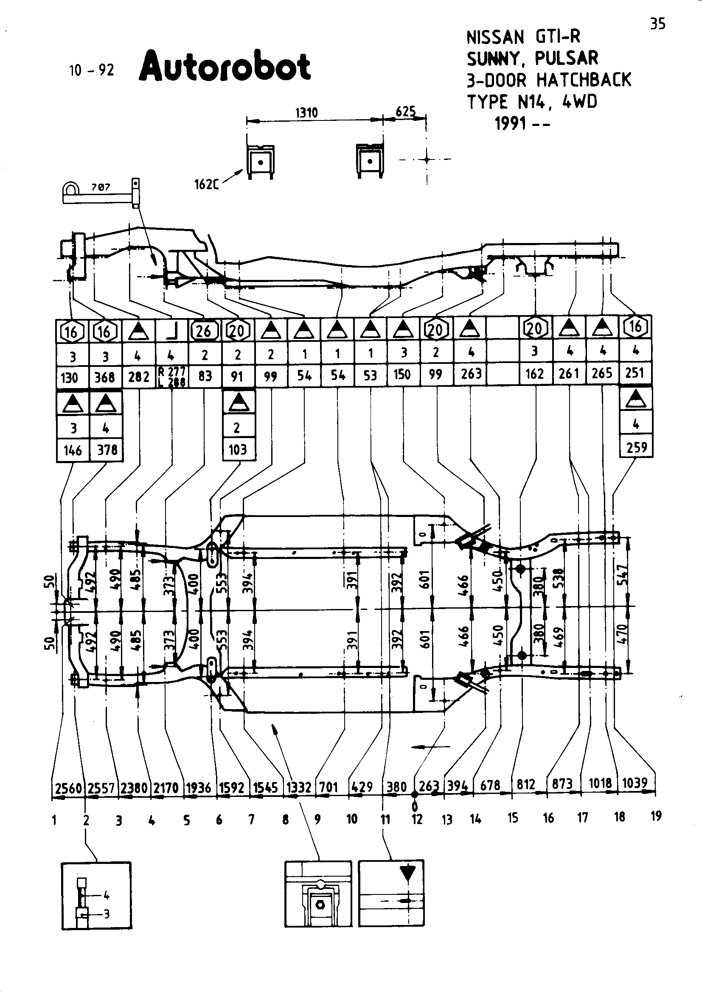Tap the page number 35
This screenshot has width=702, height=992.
(x=657, y=24)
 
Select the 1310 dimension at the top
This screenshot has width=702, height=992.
(x=306, y=113)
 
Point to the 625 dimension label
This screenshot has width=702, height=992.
(x=405, y=112)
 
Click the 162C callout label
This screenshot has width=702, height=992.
(x=206, y=185)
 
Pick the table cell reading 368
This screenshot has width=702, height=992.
(x=104, y=377)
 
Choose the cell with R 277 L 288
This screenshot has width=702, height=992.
(x=171, y=376)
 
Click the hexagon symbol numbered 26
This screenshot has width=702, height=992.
(x=204, y=331)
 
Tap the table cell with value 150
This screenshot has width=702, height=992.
(x=402, y=374)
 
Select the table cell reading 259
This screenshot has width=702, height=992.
(x=636, y=447)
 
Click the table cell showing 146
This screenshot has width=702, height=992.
(x=73, y=451)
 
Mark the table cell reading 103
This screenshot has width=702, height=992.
(x=238, y=450)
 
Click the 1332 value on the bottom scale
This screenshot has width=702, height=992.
(x=299, y=787)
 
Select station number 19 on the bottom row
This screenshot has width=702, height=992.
(x=656, y=816)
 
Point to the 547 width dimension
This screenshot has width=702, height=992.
(x=622, y=575)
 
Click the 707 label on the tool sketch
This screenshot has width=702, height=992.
(x=101, y=187)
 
